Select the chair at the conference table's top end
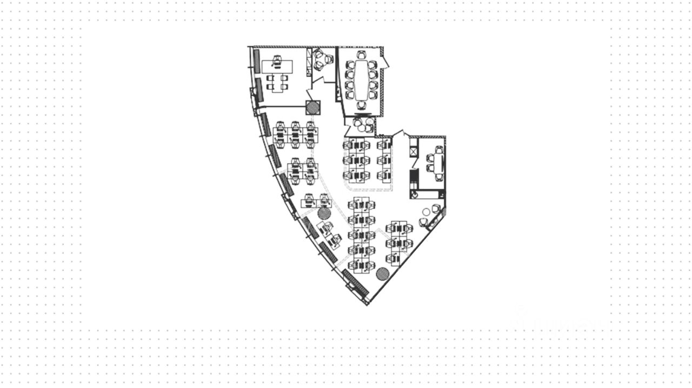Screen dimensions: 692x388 point(361,55)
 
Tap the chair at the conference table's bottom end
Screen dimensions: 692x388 point(361,104)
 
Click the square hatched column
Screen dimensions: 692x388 point(312,107)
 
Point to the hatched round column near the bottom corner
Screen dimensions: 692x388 point(383,273)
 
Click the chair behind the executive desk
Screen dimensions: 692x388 point(278,59)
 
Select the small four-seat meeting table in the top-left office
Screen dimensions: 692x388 point(277,82)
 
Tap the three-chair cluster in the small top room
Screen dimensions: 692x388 point(322,59)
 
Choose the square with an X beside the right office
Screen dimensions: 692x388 point(414,151)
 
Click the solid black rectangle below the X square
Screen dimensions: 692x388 point(414,177)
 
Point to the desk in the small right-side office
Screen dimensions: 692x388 point(438,164)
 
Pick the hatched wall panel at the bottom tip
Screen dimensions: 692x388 point(356,283)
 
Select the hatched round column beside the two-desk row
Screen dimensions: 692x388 point(324,212)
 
